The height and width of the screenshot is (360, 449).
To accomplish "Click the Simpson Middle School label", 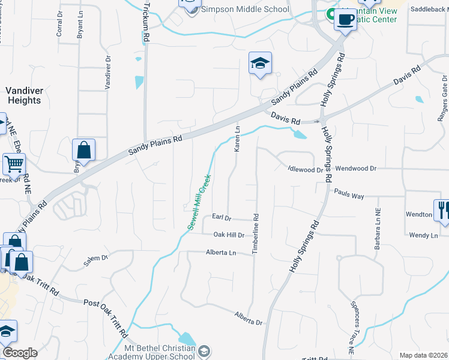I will point(246,10).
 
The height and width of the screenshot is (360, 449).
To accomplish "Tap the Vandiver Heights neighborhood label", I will point(24,95).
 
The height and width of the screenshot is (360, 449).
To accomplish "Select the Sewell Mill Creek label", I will point(199,202).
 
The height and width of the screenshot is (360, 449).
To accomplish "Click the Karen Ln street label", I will point(237,139).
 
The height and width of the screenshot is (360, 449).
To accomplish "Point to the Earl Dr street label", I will point(221,217).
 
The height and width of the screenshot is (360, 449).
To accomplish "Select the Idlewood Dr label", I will point(306,170).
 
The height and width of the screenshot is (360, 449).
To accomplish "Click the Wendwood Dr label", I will point(355,169).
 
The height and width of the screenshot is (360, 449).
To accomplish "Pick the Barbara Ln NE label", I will point(378,229).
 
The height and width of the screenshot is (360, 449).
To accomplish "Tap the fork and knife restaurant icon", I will point(442,209).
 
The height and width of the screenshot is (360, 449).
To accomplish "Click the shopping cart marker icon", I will point(13,163).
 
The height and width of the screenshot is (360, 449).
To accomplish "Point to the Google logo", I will point(20,353).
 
